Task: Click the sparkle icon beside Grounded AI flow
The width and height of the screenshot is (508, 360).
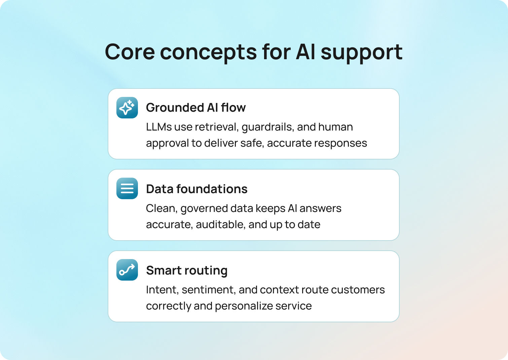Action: pos(127,108)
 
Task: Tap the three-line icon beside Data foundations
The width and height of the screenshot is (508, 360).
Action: pos(127,188)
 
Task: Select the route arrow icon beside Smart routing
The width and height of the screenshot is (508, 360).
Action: pos(127,270)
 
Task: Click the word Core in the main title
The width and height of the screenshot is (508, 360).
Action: pos(130,52)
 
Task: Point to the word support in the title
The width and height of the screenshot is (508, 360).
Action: pos(361,52)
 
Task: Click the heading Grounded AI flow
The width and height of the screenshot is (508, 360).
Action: pos(196,108)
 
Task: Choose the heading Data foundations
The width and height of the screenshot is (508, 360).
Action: pos(197,189)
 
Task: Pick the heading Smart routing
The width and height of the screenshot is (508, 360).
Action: pos(187,271)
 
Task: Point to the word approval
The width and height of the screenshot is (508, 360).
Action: pos(167,143)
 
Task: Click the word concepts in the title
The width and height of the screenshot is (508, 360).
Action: pos(208,52)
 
